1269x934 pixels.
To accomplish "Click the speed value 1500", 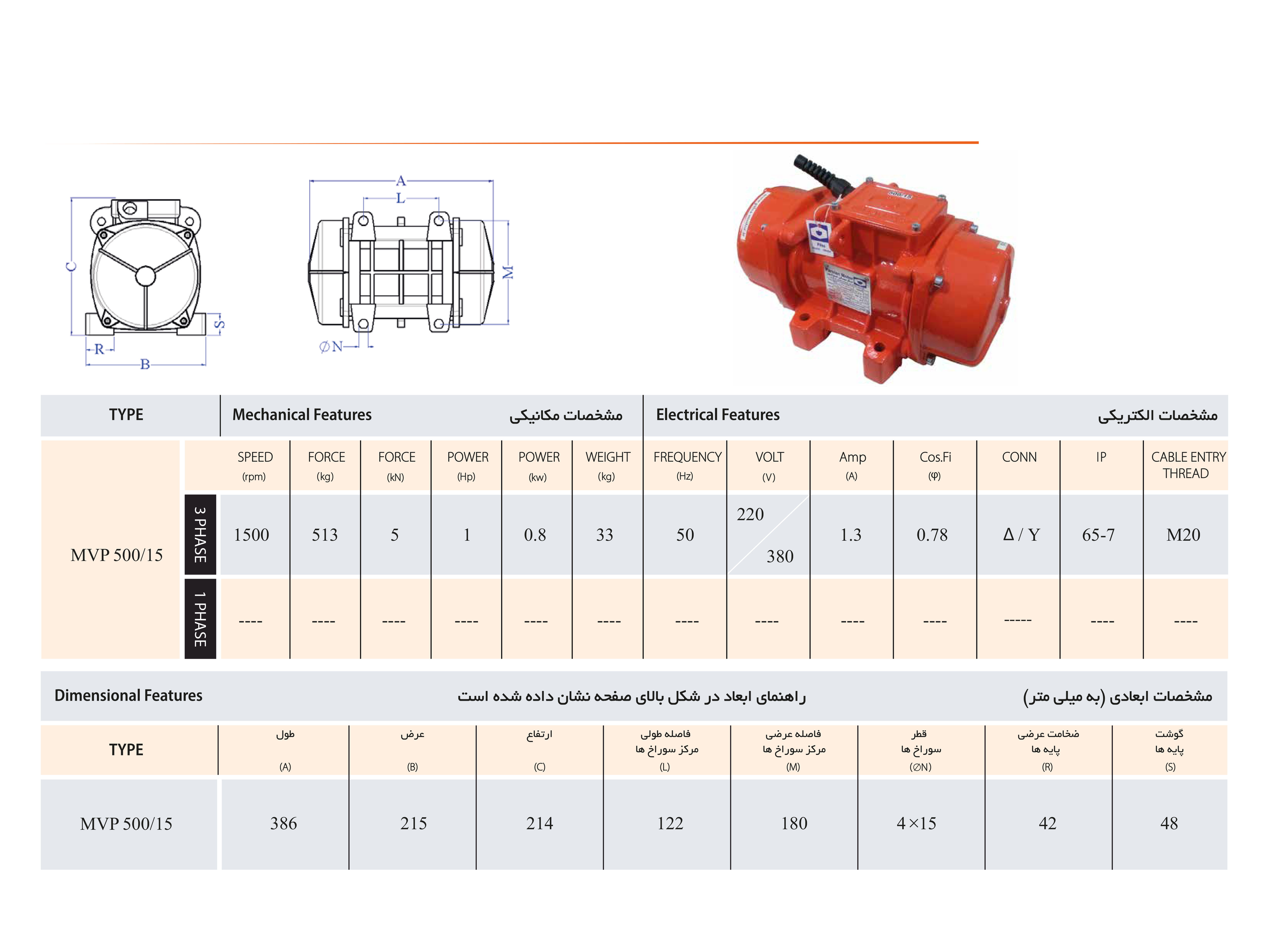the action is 252,535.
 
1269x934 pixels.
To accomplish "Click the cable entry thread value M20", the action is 1183,535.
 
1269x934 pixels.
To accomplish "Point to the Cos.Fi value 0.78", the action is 932,535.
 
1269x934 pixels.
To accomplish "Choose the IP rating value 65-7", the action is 1098,535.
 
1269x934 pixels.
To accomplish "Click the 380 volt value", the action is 780,556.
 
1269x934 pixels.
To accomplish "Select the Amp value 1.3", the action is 851,535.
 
